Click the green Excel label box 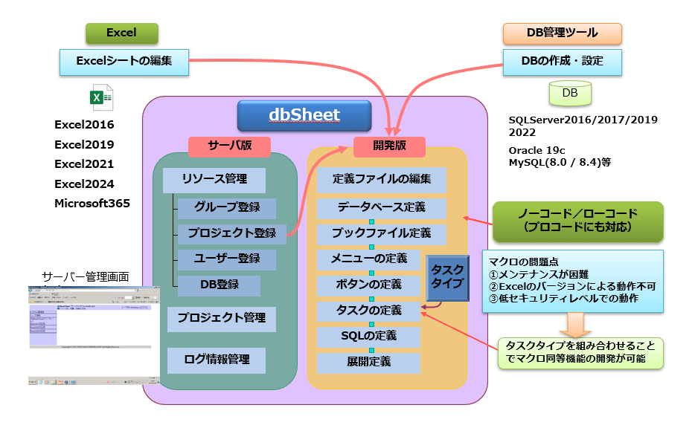[x=121, y=33]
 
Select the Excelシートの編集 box [x=124, y=62]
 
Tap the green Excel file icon [x=101, y=98]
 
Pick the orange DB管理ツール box [x=562, y=33]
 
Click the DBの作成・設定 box [x=563, y=62]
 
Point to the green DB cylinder [x=570, y=94]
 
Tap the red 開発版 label [x=388, y=146]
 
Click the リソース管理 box [x=214, y=179]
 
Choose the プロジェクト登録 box [x=231, y=233]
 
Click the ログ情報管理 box [x=217, y=360]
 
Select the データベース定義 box [x=381, y=207]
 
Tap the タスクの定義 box [x=369, y=310]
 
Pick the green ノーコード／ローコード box [x=577, y=221]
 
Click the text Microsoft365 [x=92, y=203]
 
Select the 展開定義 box [x=369, y=363]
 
